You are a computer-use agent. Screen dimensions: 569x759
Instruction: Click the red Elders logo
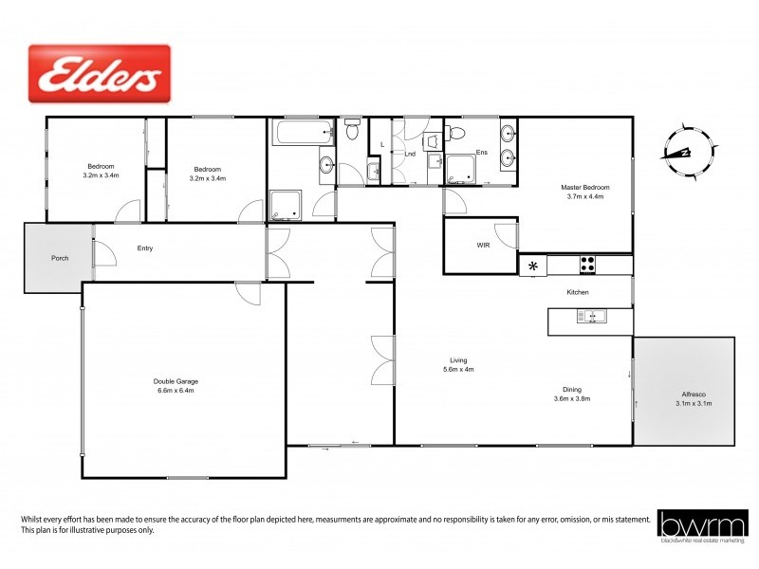(100, 73)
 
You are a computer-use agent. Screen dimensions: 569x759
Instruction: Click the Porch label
(60, 257)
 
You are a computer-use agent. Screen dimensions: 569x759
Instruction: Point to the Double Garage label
(176, 381)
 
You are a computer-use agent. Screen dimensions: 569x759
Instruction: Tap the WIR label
(483, 245)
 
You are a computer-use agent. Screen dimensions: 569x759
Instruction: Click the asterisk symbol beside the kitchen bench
(533, 266)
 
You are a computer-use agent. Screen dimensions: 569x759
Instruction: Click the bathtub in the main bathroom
(302, 132)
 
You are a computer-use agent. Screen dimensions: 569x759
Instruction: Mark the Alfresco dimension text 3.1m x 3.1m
(694, 404)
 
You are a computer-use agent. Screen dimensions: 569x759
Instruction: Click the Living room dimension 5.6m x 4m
(458, 369)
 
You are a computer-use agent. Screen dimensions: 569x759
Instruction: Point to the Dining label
(572, 390)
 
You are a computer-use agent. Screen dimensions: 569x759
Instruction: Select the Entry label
(145, 248)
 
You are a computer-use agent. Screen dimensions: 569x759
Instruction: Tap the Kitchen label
(578, 292)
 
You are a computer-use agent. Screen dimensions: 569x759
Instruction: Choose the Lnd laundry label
(410, 153)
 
